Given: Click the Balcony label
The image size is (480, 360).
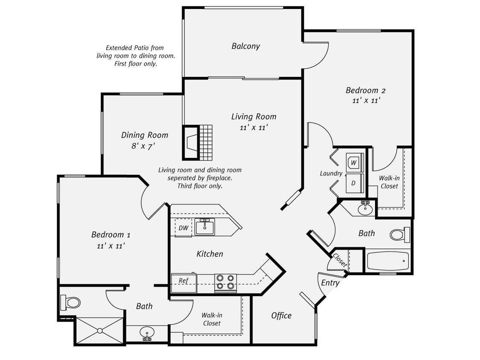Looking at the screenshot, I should pos(245,46).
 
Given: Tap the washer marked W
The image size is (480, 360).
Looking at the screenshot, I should pos(354,163).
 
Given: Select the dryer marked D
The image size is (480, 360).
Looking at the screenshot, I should pos(354,183).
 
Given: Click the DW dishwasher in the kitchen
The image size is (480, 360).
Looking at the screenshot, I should pos(183,228).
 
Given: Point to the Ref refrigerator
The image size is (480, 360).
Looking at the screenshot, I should pos(183,281).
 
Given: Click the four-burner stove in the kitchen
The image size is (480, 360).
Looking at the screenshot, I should pos(225,282).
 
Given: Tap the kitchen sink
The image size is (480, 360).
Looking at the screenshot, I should pos(205,226).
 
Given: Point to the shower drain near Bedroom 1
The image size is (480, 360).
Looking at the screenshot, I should pos(100,331).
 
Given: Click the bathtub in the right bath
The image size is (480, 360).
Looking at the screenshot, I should pos(387,261).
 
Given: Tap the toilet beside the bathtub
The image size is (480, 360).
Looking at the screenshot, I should pos(399,235).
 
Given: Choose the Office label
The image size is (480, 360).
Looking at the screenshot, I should pos(281,316).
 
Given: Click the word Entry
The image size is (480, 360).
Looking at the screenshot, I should pos(330,283).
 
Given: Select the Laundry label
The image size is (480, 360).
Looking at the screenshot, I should pos(331,174).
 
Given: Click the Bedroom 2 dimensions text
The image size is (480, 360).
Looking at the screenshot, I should pos(366,101).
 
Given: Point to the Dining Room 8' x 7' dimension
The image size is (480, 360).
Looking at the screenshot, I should pos(143,145).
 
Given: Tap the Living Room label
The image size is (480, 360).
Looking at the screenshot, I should pos(253,116).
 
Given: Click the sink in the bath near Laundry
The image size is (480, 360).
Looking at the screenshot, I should pos(365,209).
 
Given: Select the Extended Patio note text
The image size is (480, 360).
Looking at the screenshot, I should pos(135,56).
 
